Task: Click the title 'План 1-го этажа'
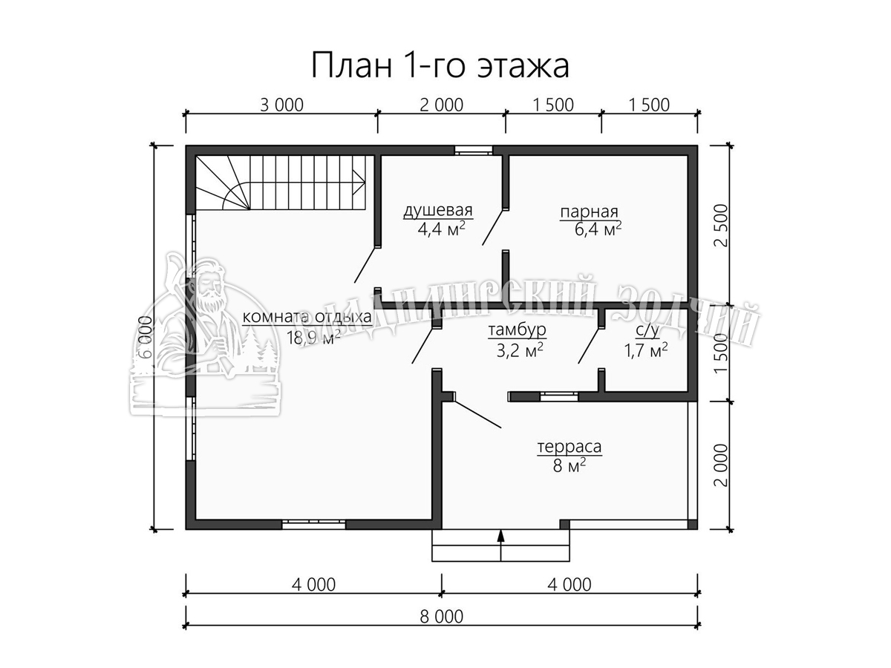440,65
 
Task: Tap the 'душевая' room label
438,211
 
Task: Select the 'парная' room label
589,212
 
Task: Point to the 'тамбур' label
517,330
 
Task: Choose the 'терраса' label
569,447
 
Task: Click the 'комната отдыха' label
307,317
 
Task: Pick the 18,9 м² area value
313,337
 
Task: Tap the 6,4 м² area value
598,229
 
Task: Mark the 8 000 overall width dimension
442,617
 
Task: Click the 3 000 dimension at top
281,105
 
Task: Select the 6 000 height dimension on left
146,338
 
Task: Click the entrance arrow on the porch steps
501,545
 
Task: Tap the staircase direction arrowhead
359,181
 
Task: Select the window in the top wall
473,151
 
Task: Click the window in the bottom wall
313,524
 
